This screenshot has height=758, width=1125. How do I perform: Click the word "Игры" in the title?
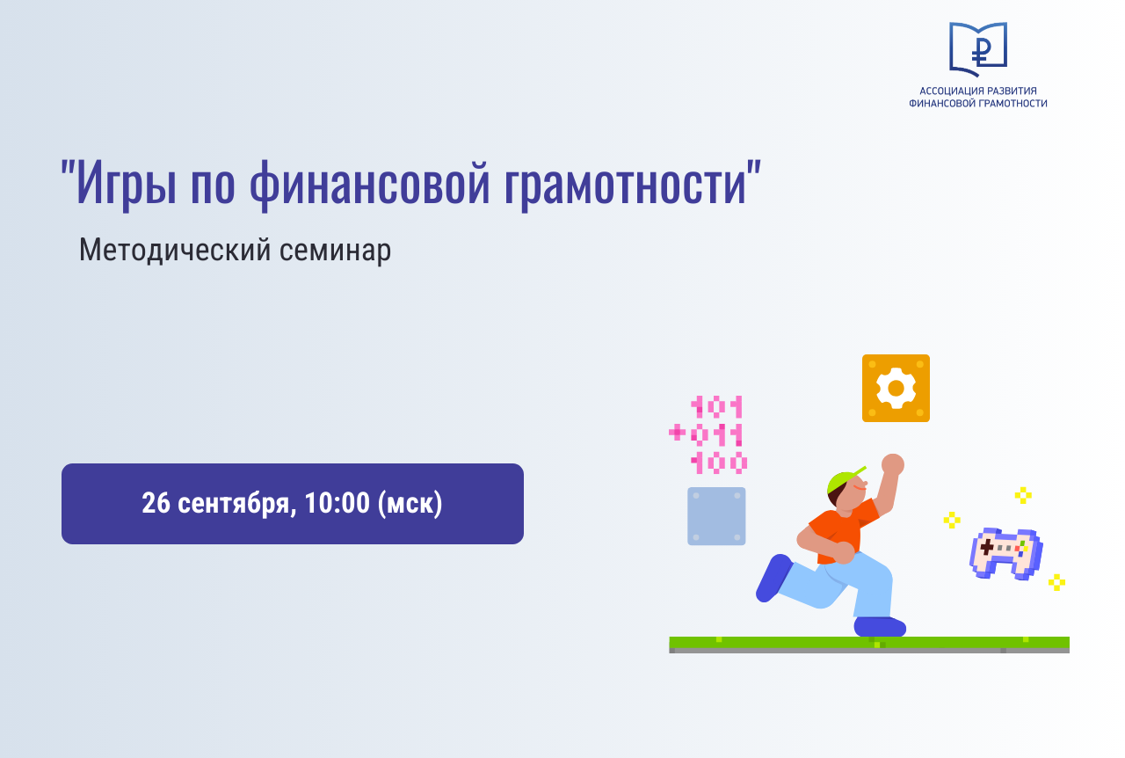126,184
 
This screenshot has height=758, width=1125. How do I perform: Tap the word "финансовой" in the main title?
370,184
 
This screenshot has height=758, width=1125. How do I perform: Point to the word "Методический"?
175,251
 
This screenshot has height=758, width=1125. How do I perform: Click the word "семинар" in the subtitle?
336,251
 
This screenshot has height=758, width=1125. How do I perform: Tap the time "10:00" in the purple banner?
337,503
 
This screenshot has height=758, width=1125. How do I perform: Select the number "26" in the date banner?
156,503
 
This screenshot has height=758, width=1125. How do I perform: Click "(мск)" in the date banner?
410,504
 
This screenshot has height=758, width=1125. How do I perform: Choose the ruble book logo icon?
978,49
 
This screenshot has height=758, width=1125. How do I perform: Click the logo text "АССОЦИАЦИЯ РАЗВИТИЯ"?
978,91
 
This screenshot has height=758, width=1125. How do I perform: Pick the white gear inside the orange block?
896,388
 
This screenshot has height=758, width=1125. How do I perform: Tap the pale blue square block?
716,515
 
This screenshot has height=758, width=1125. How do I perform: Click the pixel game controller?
1006,553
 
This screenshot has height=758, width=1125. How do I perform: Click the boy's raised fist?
892,464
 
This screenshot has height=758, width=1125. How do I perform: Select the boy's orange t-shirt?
844,530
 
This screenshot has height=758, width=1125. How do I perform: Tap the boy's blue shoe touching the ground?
880,627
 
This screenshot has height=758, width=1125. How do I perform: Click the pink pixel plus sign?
677,432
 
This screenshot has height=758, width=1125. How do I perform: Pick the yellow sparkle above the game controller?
1023,495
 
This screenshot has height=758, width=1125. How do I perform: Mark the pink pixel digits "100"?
719,463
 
